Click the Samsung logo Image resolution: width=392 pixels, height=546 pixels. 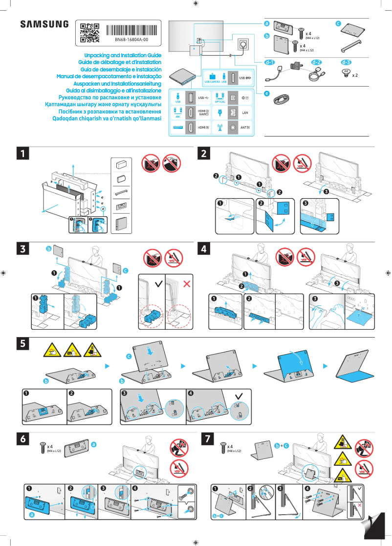pos(44,24)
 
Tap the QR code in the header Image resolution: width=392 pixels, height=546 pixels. pos(89,32)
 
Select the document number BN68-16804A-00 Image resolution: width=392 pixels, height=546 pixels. pos(131,39)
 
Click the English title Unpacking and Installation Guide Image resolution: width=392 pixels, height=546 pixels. pos(123,56)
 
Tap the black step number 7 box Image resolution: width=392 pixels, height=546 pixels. pos(208,439)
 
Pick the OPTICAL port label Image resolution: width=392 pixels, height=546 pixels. pos(220,102)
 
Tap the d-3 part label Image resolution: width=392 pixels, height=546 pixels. pos(346,63)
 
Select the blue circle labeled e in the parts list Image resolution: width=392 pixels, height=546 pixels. pos(267,93)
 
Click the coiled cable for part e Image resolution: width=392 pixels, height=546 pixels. pos(281,99)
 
